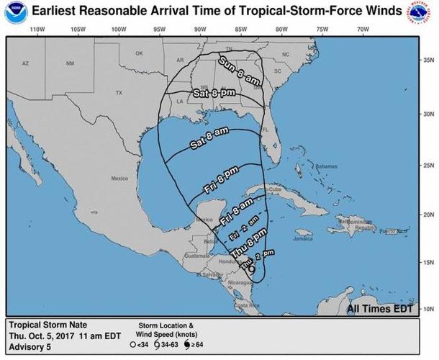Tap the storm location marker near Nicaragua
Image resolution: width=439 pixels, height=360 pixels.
tap(251, 269)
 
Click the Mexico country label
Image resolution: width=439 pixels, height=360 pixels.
tap(119, 178)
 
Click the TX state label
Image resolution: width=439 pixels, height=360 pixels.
tap(119, 93)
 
